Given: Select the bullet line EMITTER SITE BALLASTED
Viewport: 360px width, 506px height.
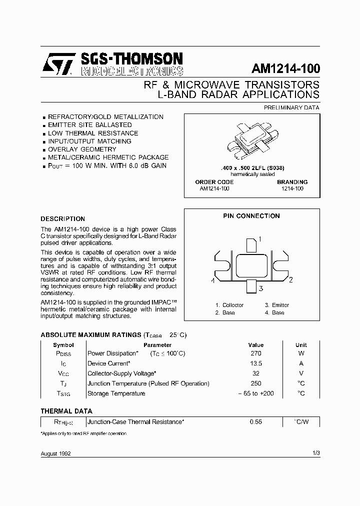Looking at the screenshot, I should [89, 125].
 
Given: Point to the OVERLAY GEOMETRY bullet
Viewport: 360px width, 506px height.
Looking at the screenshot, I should [82, 149].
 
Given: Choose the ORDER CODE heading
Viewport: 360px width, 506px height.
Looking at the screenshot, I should [214, 182].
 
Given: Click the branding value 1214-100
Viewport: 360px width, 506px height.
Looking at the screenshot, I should [292, 189].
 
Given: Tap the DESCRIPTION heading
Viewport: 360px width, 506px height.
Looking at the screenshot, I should [62, 219].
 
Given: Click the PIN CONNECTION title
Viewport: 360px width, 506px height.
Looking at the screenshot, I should [251, 216].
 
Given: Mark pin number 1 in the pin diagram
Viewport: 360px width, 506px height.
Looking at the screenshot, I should [260, 239].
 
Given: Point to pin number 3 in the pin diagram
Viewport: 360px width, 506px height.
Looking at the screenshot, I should [260, 288].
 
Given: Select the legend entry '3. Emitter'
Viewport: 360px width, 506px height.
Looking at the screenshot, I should [277, 305].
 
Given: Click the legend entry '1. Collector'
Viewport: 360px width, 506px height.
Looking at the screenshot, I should [229, 305].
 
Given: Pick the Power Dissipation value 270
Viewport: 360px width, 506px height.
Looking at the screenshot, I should [255, 353].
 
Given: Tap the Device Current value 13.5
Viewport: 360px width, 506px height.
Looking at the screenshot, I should [255, 363].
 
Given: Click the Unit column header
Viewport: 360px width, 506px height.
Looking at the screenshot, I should [301, 345].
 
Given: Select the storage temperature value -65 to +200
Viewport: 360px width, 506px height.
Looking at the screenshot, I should [255, 393].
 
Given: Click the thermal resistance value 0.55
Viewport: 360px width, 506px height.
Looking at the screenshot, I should [255, 422].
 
